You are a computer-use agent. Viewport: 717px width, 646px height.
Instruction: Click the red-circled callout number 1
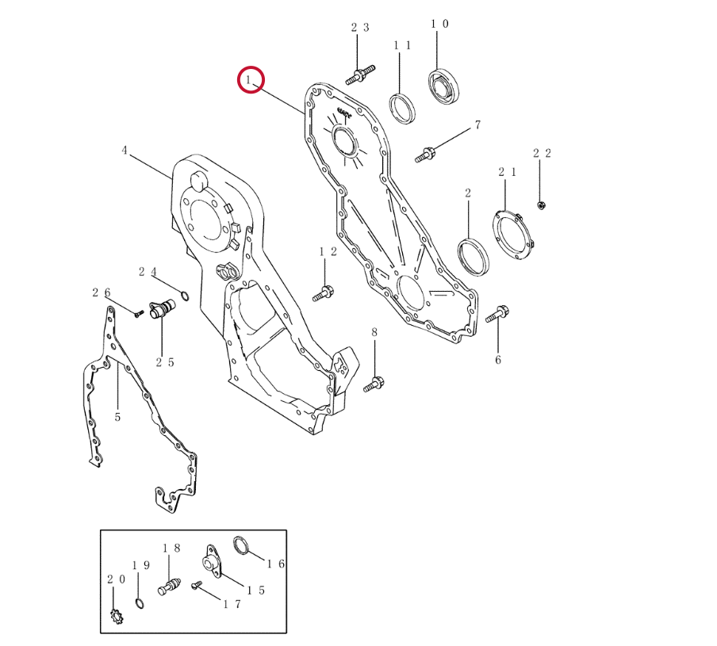pos(249,80)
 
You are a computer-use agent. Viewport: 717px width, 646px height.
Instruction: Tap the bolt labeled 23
pos(360,75)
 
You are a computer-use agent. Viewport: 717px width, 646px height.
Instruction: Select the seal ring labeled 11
pos(403,109)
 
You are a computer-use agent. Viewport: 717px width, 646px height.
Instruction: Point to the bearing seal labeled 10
pos(445,86)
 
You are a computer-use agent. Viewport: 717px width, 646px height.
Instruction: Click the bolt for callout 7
pos(425,155)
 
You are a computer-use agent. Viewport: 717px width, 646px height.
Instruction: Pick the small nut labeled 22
pos(541,205)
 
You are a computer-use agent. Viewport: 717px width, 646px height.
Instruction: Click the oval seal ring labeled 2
pos(473,257)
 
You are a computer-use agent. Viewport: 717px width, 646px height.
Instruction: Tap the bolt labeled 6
pos(497,314)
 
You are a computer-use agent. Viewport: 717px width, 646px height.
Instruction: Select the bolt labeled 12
pos(324,293)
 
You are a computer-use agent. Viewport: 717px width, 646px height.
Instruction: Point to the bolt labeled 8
pos(374,384)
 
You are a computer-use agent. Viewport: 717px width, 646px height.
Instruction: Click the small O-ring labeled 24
pos(185,296)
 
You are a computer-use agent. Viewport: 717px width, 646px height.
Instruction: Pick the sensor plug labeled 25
pos(162,309)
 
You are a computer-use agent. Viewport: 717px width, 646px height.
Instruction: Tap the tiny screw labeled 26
pos(140,313)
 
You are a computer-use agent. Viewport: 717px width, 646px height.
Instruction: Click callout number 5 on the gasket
pos(117,417)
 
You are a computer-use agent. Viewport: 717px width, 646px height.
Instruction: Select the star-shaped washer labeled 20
pos(117,617)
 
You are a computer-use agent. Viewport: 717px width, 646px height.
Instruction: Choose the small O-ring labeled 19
pos(140,603)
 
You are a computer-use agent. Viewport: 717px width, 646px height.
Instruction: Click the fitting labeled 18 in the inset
pos(169,586)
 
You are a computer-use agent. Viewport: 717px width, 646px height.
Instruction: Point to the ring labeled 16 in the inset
pos(241,545)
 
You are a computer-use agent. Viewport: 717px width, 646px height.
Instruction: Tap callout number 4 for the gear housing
pos(125,151)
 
